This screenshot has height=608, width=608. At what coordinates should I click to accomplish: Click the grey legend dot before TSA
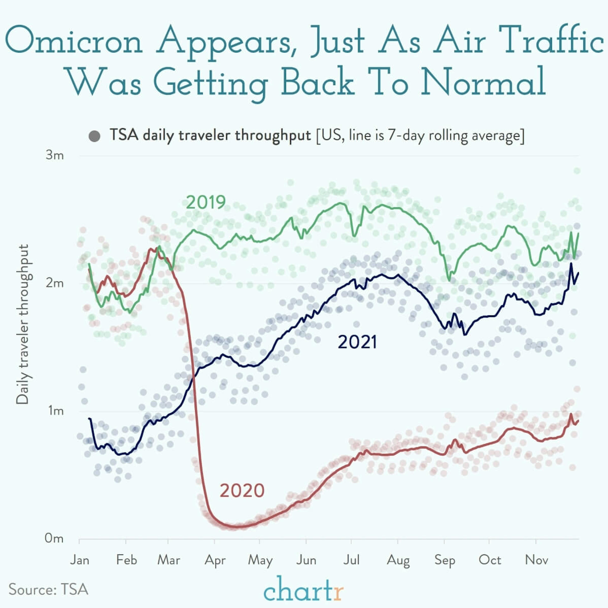coord(94,136)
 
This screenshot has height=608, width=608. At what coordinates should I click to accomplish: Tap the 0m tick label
coord(54,538)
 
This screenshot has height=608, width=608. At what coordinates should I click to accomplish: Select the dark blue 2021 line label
coord(357,342)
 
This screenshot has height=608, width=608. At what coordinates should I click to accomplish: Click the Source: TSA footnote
coord(48,589)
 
